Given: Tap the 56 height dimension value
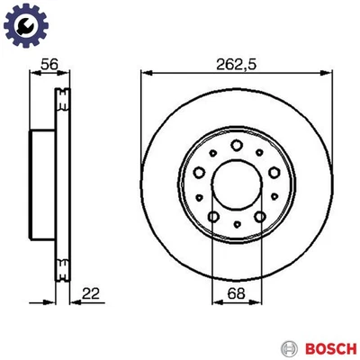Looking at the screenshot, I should pos(50,64).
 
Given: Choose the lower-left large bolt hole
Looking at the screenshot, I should pos(211,215).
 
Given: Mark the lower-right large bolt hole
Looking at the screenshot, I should pos(258,215).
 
